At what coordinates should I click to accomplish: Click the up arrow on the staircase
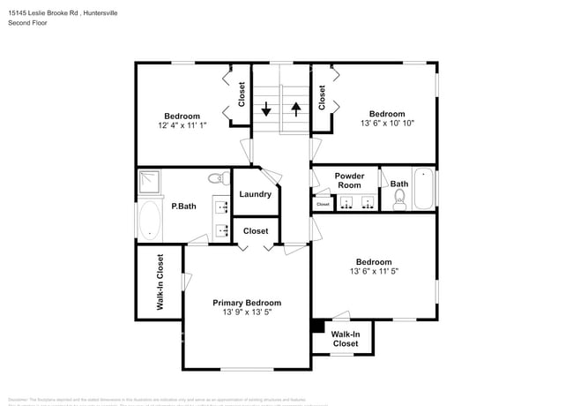[296, 109]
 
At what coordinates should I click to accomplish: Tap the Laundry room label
[255, 194]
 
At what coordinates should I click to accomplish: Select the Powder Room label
[349, 180]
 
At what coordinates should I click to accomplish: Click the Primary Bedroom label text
[247, 302]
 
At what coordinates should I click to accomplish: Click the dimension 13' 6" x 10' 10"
[387, 124]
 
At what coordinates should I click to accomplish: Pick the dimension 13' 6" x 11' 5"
[374, 272]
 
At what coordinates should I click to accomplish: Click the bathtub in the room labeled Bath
[424, 188]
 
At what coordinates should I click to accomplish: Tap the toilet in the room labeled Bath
[399, 202]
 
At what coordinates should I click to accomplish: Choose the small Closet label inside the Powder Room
[323, 204]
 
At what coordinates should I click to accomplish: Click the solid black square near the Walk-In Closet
[318, 326]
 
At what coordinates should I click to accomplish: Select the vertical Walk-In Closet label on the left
[160, 282]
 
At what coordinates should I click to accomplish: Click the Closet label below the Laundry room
[256, 230]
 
